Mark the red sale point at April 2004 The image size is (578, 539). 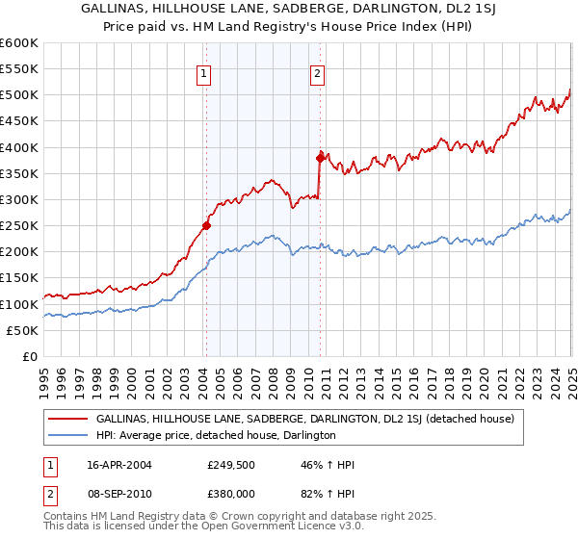click(x=206, y=226)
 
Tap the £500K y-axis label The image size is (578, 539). click(x=21, y=94)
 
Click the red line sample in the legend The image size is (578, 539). click(x=70, y=420)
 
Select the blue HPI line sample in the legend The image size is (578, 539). click(x=70, y=435)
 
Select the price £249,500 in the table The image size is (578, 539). click(x=231, y=465)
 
